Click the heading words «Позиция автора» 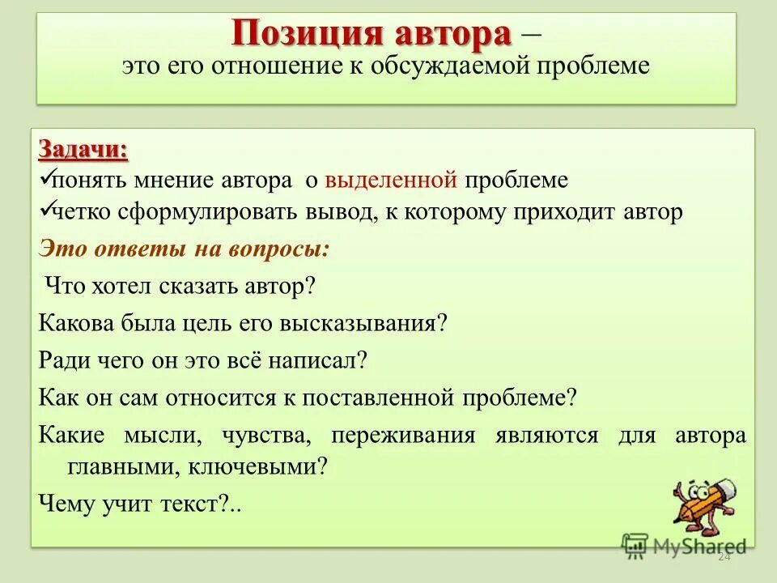372,35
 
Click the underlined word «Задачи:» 83,151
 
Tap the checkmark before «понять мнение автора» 46,177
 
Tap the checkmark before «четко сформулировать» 46,210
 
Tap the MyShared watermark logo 684,545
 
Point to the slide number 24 724,557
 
